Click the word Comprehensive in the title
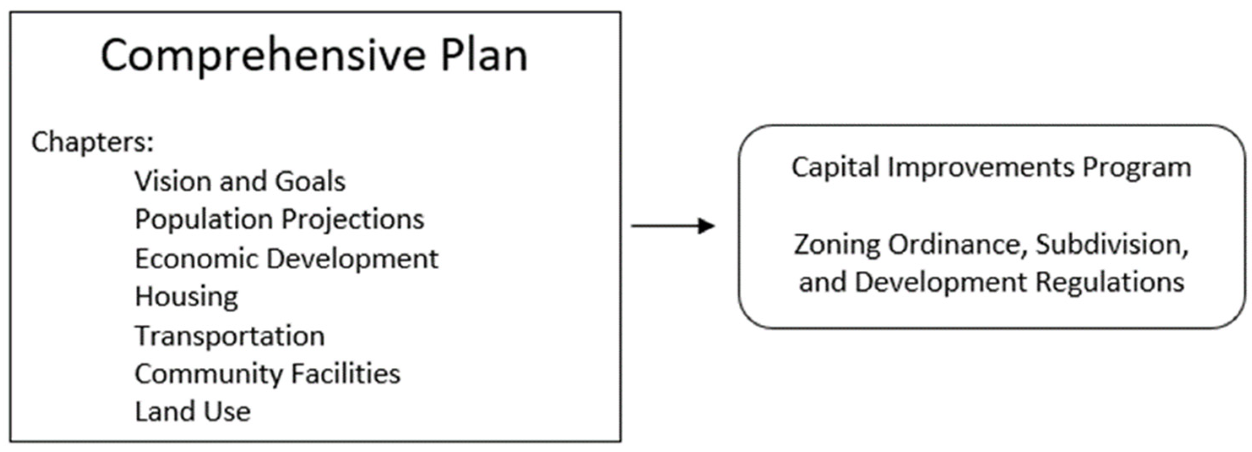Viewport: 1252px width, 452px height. coord(263,56)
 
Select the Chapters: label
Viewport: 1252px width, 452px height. coord(92,142)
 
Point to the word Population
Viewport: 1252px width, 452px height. coord(203,220)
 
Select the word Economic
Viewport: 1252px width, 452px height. coord(196,258)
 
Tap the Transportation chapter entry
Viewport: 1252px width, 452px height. coord(230,336)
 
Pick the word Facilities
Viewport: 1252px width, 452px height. coord(345,373)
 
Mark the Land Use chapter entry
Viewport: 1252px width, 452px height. coord(193,411)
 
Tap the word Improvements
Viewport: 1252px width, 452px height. coord(981,168)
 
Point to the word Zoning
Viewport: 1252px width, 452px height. coord(837,245)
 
